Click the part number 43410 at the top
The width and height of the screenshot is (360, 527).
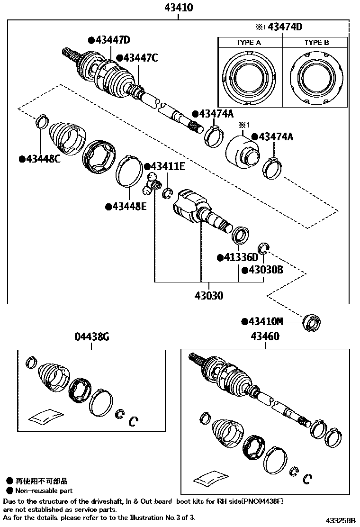[x=179, y=8]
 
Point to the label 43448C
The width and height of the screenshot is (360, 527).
[x=40, y=159]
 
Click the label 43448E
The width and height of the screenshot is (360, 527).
[x=126, y=206]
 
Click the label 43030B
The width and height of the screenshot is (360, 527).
[x=263, y=270]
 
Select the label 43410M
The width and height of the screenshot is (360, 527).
[x=263, y=322]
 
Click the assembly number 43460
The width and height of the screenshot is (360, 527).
[x=265, y=337]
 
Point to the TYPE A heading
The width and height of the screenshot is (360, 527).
[x=249, y=43]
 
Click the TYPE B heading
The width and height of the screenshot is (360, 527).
[x=316, y=43]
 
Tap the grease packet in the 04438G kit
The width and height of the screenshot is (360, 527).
[x=46, y=416]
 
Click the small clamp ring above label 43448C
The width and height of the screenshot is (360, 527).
[x=42, y=121]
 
